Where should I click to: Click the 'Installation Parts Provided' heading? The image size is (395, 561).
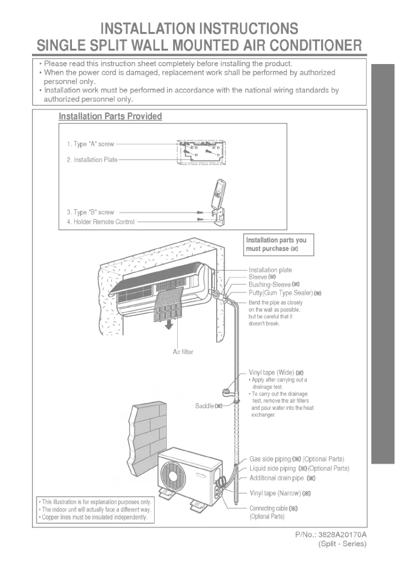(110, 116)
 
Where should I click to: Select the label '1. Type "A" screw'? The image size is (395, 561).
(90, 144)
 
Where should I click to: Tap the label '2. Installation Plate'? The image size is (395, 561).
(92, 160)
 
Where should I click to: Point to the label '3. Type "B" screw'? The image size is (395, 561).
(90, 212)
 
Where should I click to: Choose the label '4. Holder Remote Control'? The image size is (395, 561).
(100, 222)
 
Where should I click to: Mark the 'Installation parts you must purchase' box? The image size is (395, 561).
(279, 244)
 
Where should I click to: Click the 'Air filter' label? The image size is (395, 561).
(182, 352)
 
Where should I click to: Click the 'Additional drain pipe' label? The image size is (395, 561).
(282, 478)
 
